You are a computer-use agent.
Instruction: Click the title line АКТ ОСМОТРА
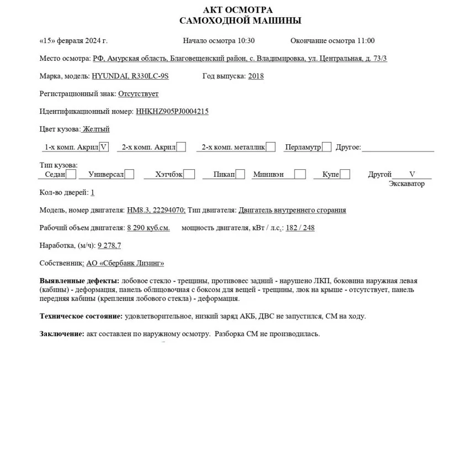[x=237, y=10]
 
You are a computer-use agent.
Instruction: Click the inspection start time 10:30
[x=246, y=40]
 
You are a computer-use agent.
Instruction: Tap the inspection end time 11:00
[x=366, y=40]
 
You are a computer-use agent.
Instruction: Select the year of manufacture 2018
[x=256, y=76]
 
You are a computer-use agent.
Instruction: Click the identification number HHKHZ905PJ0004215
[x=172, y=111]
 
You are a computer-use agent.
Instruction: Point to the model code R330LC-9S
[x=149, y=76]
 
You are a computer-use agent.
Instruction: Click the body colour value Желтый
[x=96, y=129]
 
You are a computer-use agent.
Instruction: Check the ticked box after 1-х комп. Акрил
[x=104, y=147]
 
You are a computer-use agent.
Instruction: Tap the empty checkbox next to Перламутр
[x=326, y=147]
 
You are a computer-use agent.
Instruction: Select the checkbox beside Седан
[x=71, y=174]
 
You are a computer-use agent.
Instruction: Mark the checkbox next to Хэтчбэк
[x=189, y=174]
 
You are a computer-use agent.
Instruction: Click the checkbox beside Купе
[x=345, y=174]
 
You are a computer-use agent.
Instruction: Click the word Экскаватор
[x=407, y=184]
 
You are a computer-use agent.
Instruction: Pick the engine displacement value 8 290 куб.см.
[x=149, y=227]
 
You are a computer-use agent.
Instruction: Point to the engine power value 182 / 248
[x=300, y=227]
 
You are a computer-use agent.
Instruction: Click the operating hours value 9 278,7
[x=109, y=245]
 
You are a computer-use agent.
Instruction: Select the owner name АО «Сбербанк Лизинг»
[x=125, y=263]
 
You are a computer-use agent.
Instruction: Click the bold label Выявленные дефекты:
[x=80, y=281]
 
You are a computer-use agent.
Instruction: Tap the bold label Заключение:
[x=62, y=334]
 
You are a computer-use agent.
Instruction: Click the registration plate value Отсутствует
[x=138, y=93]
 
